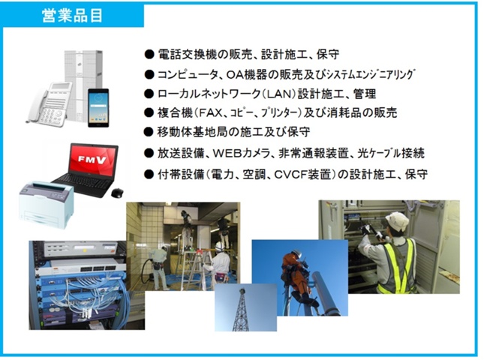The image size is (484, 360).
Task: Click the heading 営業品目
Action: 72,16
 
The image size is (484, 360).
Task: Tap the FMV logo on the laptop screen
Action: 92,159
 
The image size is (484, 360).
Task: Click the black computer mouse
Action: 117,193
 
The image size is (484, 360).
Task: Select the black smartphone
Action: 98,108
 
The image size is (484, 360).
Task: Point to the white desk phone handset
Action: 37,105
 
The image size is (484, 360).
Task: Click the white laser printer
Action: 47,205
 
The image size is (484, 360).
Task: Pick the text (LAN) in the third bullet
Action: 278,94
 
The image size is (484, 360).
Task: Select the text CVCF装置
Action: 302,175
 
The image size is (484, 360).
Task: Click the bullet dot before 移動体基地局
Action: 149,132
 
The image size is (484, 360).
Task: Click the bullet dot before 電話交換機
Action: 149,55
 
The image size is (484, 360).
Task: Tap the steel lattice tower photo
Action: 245,307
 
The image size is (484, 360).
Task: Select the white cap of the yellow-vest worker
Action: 397,220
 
